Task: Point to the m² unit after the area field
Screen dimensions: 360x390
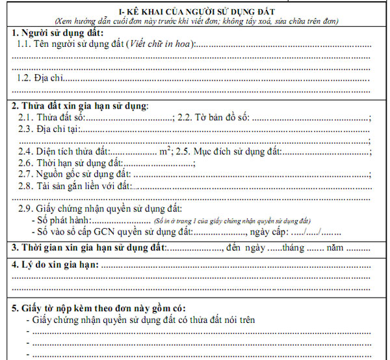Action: point(166,151)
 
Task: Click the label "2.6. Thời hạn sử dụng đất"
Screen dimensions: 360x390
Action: point(70,162)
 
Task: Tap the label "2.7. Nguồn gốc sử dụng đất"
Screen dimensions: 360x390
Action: point(74,174)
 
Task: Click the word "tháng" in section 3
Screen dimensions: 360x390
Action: point(293,248)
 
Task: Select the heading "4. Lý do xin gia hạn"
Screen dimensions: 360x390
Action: point(55,265)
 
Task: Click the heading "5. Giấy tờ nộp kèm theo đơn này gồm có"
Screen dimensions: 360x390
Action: point(99,308)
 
